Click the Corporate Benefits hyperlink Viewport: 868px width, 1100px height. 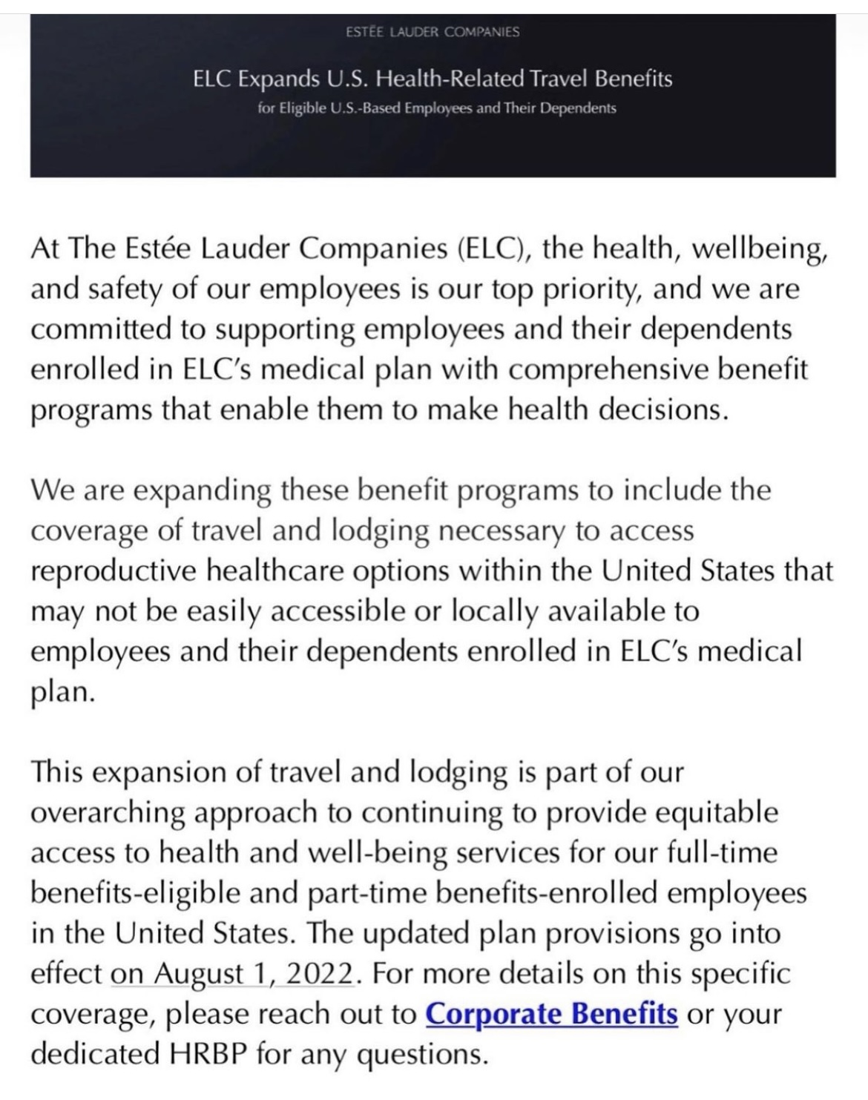tap(551, 1013)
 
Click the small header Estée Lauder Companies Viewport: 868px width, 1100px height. tap(433, 32)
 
